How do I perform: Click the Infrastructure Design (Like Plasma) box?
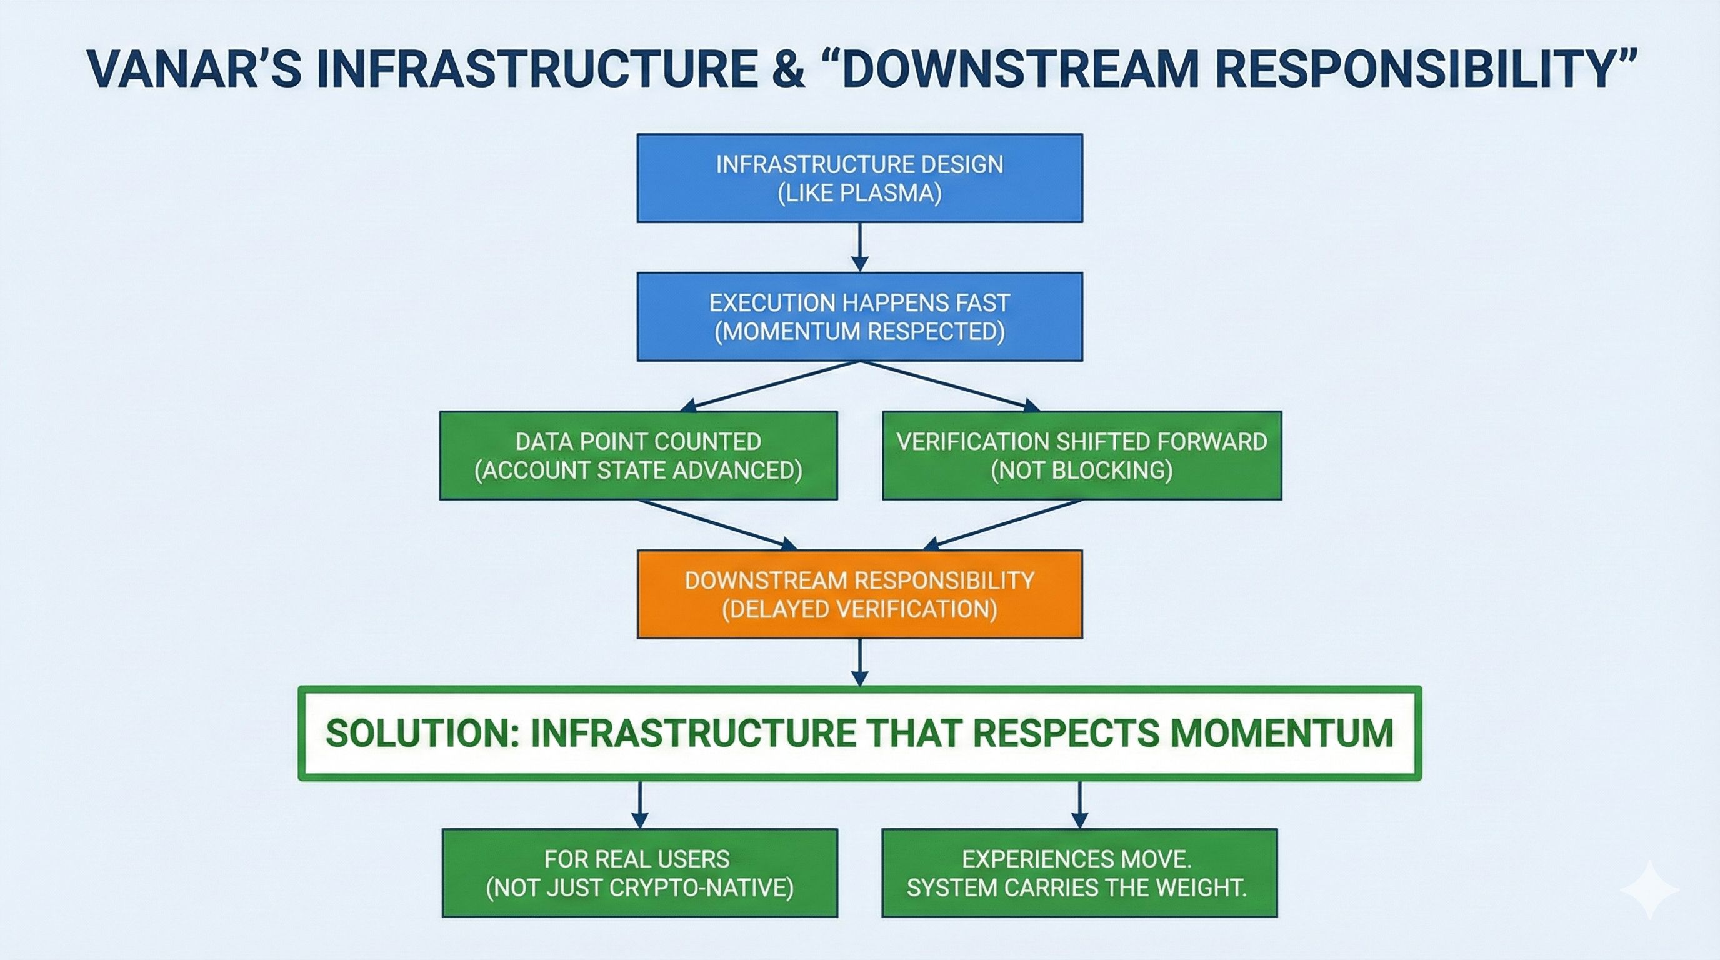click(x=859, y=178)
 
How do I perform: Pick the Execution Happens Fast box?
click(x=859, y=317)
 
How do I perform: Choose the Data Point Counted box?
click(x=638, y=456)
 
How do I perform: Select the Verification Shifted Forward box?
click(x=1082, y=456)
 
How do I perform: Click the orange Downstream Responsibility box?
click(x=859, y=594)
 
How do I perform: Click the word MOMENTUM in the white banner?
click(x=1282, y=733)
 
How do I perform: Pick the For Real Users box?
click(x=639, y=873)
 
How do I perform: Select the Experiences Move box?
click(x=1079, y=873)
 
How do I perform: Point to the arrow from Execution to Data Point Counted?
click(x=768, y=386)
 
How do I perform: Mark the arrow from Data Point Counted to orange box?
click(x=717, y=525)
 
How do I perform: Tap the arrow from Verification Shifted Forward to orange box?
click(x=1001, y=525)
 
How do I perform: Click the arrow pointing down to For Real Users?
click(x=639, y=804)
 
